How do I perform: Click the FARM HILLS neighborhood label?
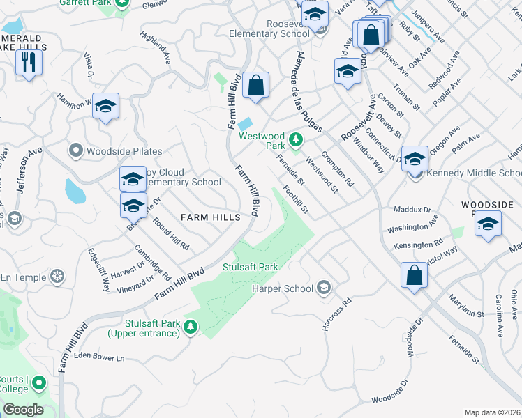(x=210, y=217)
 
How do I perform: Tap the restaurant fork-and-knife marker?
(x=29, y=62)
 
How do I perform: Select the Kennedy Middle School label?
(x=475, y=173)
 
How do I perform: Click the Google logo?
(x=23, y=410)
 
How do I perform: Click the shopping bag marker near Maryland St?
(x=415, y=274)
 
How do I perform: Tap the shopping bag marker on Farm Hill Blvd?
(x=257, y=85)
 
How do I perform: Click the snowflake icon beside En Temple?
(x=57, y=278)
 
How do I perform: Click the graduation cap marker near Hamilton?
(x=105, y=106)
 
